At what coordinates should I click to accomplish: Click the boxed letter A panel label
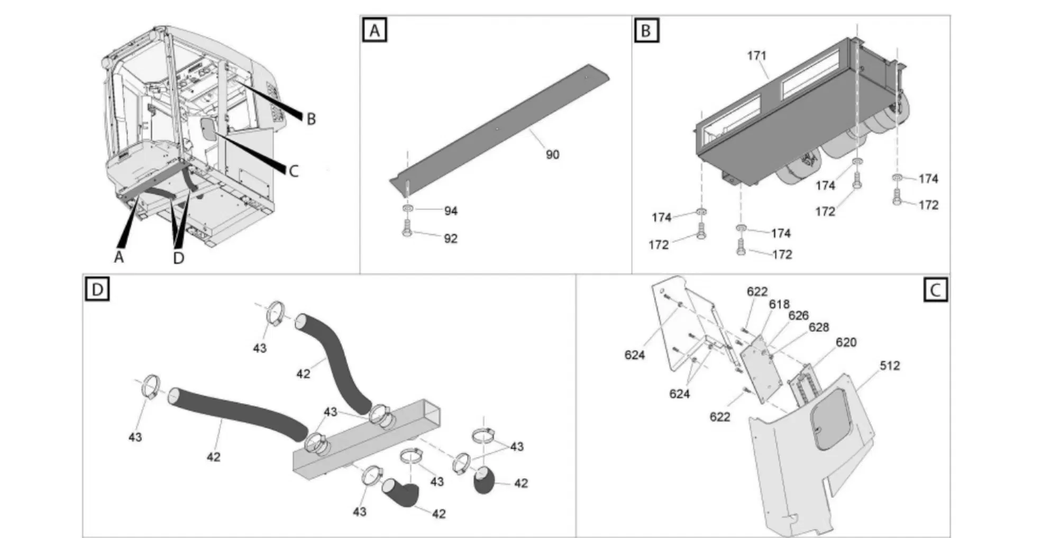pos(374,31)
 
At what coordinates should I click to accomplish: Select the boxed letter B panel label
pos(645,31)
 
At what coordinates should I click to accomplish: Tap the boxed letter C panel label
pos(935,290)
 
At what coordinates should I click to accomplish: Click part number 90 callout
pos(552,154)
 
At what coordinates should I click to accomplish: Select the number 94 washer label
pos(451,211)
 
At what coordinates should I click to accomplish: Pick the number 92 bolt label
pos(451,239)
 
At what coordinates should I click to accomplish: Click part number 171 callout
pos(756,56)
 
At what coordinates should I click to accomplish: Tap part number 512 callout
pos(890,366)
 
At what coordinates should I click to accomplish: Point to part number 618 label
pos(779,304)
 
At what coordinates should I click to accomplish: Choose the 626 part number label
pos(798,315)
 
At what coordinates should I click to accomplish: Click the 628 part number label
pos(818,327)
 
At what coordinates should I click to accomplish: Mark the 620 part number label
pos(846,342)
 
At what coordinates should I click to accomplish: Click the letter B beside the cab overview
pos(311,119)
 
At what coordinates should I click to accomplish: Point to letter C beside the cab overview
pos(294,171)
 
